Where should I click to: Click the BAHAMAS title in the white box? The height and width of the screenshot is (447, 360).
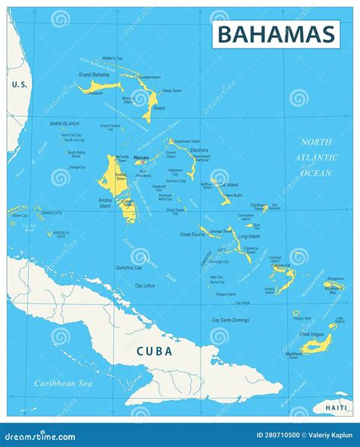(x=276, y=34)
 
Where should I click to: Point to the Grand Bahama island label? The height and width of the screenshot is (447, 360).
(x=94, y=74)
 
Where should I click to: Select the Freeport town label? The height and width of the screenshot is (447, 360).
(x=95, y=93)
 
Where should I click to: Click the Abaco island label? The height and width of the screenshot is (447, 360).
(x=159, y=108)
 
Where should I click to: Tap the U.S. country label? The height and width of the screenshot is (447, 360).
(x=19, y=84)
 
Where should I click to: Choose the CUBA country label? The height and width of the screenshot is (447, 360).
(x=154, y=351)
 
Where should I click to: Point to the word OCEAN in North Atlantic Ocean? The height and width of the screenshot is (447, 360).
(x=317, y=173)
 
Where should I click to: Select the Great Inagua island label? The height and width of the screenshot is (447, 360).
(x=313, y=334)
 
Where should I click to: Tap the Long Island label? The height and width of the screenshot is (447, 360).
(x=248, y=236)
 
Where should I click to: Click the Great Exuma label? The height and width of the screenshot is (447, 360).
(x=193, y=235)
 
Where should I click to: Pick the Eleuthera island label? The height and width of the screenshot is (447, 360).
(x=199, y=150)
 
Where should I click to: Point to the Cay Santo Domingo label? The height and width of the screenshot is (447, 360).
(x=230, y=320)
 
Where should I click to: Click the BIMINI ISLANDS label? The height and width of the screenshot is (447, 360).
(x=64, y=123)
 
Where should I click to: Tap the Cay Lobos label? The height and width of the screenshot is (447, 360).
(x=145, y=285)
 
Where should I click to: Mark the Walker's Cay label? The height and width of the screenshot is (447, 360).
(x=112, y=58)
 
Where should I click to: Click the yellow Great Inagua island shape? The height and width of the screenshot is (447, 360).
(x=318, y=345)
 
